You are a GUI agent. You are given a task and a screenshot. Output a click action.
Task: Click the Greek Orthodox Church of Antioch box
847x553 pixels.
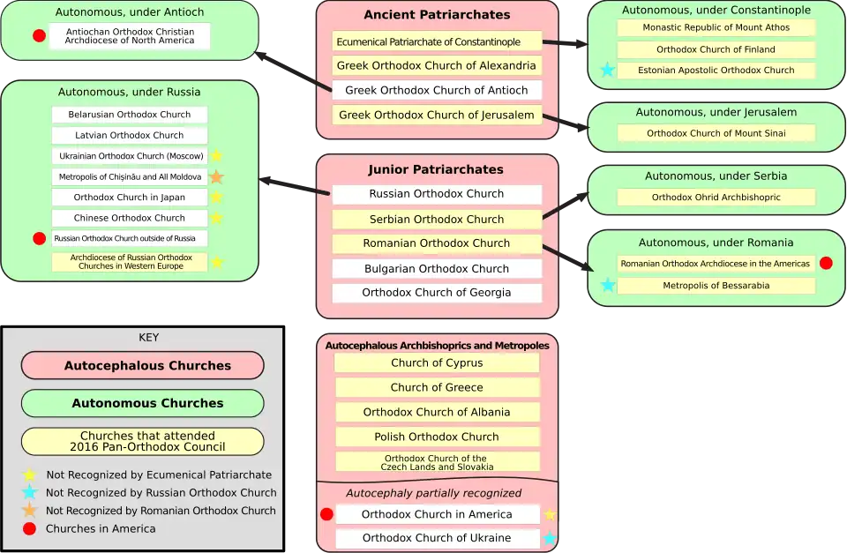[437, 90]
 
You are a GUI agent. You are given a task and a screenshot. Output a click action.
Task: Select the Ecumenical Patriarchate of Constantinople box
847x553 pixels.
[437, 41]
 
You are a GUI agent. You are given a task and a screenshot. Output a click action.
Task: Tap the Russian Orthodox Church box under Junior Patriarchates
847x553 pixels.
[437, 194]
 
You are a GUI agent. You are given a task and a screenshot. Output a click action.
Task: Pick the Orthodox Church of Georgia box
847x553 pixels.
[437, 293]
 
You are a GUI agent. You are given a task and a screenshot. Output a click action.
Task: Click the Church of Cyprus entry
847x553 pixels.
[437, 362]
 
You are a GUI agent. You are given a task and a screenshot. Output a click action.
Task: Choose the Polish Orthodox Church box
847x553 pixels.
[437, 437]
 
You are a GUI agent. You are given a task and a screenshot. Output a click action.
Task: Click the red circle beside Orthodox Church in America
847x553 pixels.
[326, 514]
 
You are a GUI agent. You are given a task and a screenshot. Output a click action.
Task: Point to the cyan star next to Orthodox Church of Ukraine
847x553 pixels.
[550, 538]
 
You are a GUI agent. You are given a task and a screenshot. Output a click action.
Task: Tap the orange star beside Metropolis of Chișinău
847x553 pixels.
[216, 177]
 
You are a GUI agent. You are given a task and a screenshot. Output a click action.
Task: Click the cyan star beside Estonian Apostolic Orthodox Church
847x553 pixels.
[607, 71]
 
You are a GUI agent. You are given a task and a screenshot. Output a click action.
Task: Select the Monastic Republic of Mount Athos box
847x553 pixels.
[716, 27]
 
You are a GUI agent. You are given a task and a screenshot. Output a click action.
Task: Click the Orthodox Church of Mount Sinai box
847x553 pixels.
[716, 133]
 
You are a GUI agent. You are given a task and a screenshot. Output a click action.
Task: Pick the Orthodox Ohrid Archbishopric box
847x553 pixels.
[716, 198]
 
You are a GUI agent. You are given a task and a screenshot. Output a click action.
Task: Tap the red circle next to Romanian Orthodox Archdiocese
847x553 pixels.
[826, 263]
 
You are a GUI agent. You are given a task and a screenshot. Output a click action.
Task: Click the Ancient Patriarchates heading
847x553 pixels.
[437, 15]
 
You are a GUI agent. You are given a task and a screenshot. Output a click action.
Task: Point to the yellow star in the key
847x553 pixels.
[30, 475]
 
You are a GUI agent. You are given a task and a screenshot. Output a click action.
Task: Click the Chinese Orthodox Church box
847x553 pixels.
[129, 218]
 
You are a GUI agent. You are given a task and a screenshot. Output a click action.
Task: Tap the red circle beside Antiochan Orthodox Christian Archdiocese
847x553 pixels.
[39, 36]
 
